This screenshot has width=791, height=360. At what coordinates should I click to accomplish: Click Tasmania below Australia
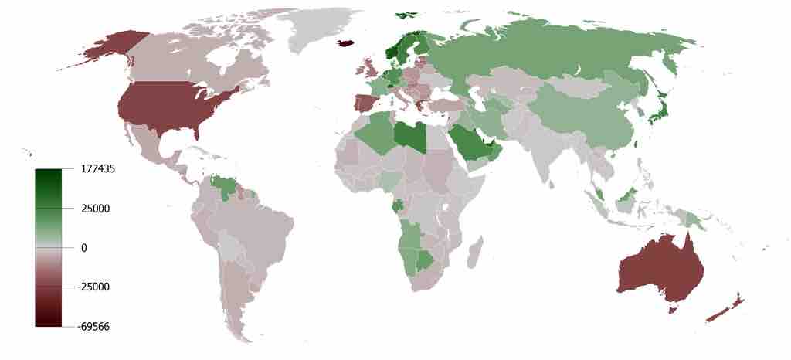tap(672, 310)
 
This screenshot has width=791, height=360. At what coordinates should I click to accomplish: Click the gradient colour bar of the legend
tap(47, 247)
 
